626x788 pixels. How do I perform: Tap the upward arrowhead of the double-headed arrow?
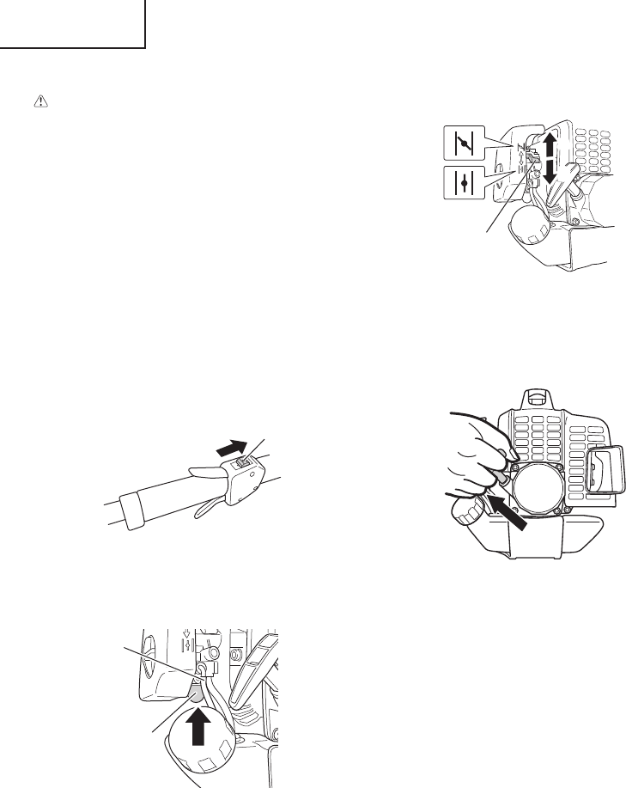[x=550, y=141]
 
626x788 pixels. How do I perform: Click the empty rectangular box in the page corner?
[x=72, y=24]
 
